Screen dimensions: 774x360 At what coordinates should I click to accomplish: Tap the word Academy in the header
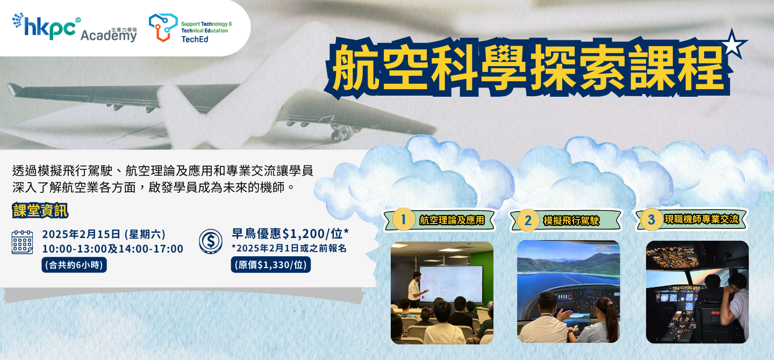coord(109,35)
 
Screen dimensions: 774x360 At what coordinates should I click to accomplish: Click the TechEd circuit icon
coord(163,27)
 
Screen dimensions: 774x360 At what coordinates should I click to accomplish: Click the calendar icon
coord(23,242)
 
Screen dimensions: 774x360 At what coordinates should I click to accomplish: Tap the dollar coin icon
coord(211,241)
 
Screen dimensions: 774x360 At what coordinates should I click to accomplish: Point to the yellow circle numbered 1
coord(403,219)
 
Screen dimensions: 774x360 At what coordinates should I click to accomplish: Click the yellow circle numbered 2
coord(528,220)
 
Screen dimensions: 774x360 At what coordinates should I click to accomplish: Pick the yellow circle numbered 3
coord(651,219)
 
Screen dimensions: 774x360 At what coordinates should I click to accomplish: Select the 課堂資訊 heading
coord(40,211)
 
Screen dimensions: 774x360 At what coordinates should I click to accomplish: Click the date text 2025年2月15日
coord(81,234)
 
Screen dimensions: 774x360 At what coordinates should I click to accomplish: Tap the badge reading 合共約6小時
coord(74,265)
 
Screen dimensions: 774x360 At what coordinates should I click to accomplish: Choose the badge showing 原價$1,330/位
coord(270,265)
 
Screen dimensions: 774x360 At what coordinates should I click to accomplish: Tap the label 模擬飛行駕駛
coord(571,221)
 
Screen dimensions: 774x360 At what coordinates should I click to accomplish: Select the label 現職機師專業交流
coord(701,219)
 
